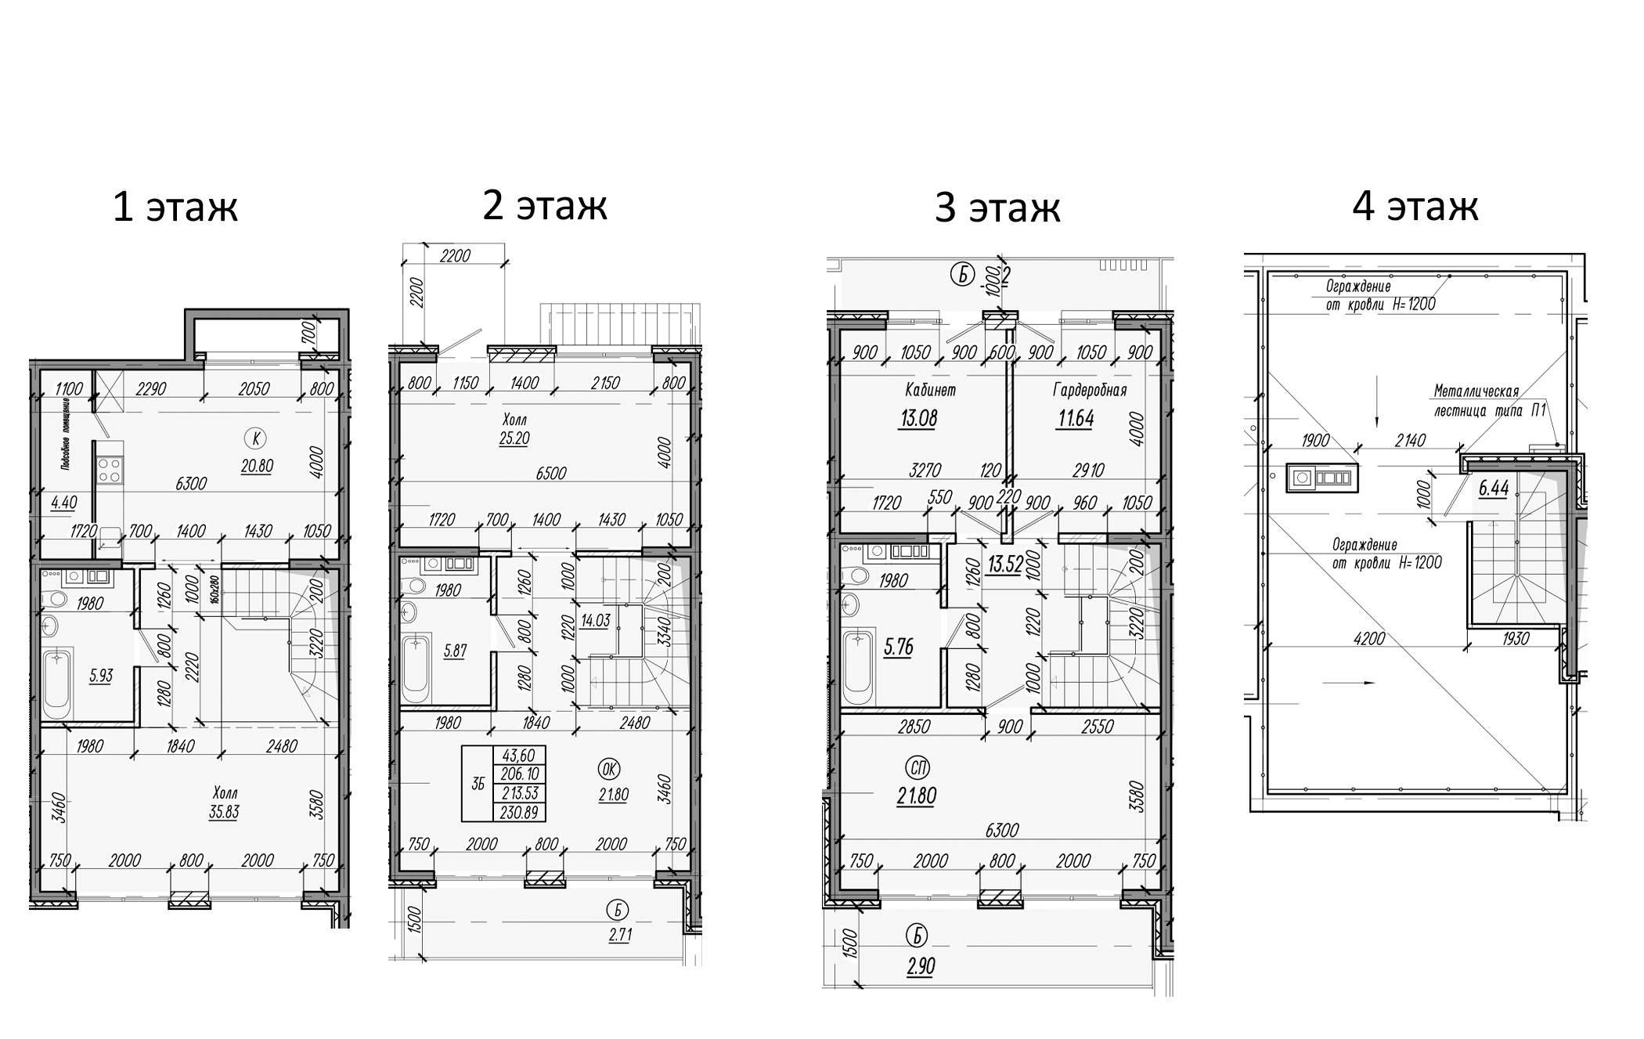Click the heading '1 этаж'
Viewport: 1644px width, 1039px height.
pos(175,207)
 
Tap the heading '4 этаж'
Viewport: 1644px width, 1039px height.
pos(1415,206)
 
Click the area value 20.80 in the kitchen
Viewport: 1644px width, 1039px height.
pos(257,466)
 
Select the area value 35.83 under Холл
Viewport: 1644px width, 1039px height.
pos(224,812)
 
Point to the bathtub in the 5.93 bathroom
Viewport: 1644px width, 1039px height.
pos(56,683)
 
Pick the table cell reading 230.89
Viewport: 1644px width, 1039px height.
pos(518,813)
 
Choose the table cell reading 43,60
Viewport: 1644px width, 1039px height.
pos(518,756)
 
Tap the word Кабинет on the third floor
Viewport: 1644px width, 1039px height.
pos(930,389)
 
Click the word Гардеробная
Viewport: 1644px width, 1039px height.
pos(1089,390)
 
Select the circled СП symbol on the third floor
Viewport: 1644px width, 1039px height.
pos(916,767)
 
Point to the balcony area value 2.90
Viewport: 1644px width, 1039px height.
pos(921,966)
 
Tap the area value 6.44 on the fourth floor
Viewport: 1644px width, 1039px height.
pos(1493,489)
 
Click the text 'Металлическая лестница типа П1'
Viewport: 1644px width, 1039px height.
pos(1487,400)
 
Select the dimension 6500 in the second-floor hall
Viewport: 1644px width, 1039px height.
pos(551,473)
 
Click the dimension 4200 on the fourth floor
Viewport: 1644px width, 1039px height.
pos(1368,638)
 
